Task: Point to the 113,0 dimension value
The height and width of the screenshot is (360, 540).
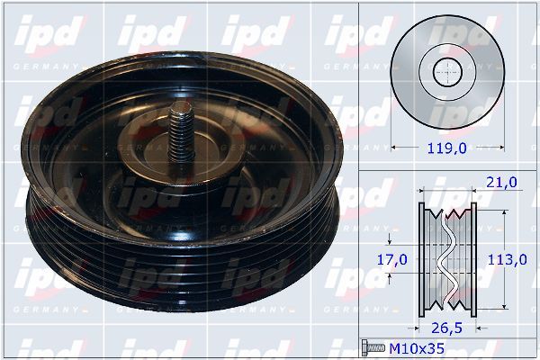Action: (507, 260)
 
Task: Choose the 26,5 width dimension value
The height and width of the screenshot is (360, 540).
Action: (448, 328)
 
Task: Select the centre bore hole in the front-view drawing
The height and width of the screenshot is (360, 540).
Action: (447, 73)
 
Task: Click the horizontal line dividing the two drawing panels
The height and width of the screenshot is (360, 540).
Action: (447, 169)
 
